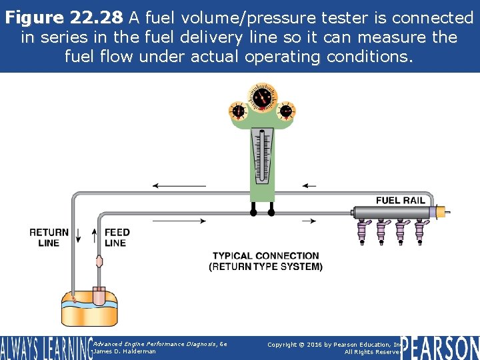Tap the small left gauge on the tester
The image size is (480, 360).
click(237, 111)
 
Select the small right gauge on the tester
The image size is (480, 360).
click(287, 111)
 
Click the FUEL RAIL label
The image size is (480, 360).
click(400, 201)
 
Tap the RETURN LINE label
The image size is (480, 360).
click(49, 237)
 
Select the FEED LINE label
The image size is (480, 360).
click(117, 237)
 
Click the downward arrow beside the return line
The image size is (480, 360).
click(77, 235)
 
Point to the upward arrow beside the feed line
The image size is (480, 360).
click(94, 235)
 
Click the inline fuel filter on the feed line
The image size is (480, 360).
click(99, 261)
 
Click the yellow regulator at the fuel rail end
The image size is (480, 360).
click(441, 212)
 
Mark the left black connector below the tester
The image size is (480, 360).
click(253, 213)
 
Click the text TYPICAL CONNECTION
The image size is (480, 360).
click(265, 255)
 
